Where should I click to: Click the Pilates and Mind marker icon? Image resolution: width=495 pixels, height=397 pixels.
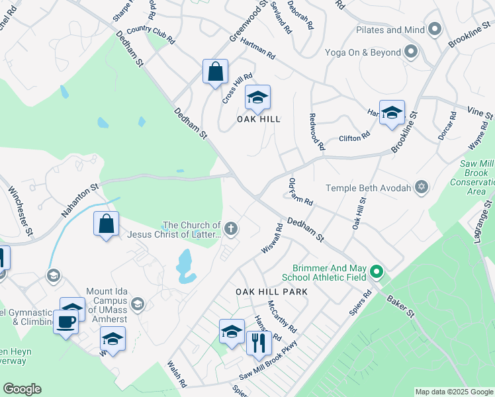[435, 30]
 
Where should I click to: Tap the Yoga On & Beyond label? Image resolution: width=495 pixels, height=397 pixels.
[363, 52]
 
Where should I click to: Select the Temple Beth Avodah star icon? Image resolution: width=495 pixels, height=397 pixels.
[420, 188]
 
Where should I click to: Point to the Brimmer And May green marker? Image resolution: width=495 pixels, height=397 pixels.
[377, 271]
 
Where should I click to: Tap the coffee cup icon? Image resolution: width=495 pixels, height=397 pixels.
[66, 322]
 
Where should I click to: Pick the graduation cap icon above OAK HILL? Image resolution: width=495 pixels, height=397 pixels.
[257, 98]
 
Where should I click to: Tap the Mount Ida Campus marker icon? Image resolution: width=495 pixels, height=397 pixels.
[138, 304]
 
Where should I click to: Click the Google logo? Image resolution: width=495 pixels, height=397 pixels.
[22, 389]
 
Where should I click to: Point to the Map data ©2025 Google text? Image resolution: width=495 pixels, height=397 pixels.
[454, 392]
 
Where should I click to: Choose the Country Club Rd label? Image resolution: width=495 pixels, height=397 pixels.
[150, 34]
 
